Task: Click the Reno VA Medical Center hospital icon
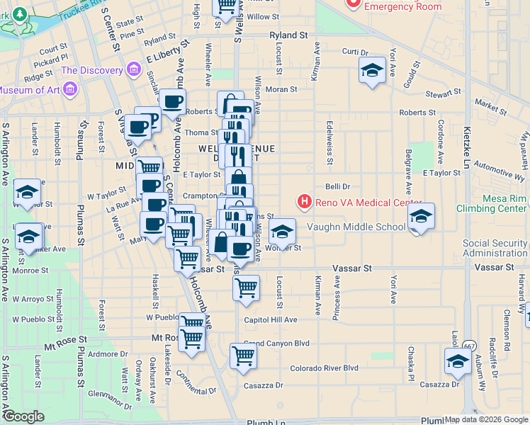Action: click(x=305, y=203)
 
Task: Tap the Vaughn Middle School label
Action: click(x=355, y=227)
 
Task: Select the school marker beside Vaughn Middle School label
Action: click(x=421, y=217)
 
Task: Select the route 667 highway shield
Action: click(x=469, y=346)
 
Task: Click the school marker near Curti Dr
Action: click(x=371, y=71)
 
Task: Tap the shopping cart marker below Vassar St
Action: click(x=246, y=288)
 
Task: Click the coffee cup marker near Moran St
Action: click(x=172, y=102)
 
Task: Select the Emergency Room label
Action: click(x=404, y=7)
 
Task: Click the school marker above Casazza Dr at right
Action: click(x=457, y=361)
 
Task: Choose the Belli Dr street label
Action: click(x=338, y=186)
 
